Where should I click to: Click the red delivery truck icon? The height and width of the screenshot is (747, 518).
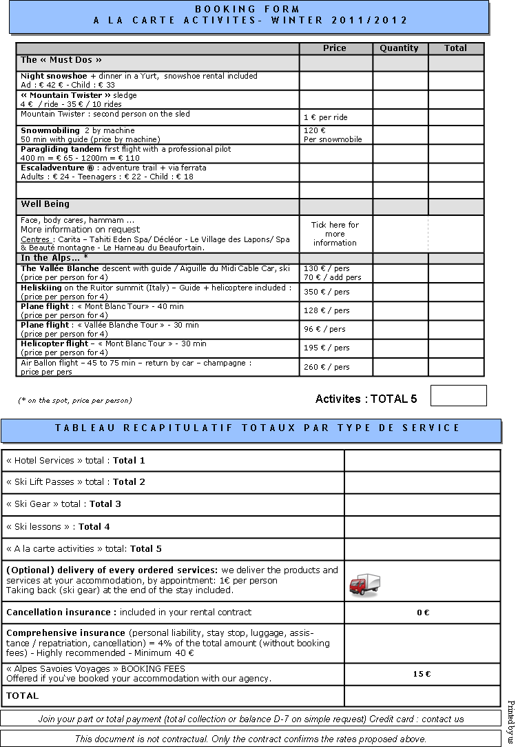(x=364, y=584)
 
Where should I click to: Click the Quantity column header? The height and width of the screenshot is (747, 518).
(x=399, y=48)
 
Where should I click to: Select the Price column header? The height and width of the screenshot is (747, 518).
(x=335, y=48)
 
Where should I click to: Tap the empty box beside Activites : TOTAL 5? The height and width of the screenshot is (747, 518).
(x=458, y=396)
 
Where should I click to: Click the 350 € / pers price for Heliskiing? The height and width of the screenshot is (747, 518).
(x=327, y=292)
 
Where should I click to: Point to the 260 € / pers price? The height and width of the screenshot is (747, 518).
(x=327, y=367)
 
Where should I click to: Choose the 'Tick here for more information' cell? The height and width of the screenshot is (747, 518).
(x=335, y=234)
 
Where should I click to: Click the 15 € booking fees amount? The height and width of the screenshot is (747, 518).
(x=422, y=674)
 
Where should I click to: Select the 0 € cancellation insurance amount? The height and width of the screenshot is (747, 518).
(x=422, y=612)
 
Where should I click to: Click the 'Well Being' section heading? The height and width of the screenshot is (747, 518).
(x=45, y=204)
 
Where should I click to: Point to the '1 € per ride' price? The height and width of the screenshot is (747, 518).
(x=325, y=117)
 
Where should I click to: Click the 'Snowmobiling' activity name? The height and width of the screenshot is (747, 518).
(x=50, y=130)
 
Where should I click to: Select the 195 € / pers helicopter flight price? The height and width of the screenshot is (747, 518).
(x=327, y=348)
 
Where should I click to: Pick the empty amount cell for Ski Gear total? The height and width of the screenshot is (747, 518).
(x=422, y=504)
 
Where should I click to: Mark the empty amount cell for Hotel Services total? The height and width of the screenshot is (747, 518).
(x=422, y=461)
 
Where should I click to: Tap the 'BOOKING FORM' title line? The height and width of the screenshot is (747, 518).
(x=248, y=9)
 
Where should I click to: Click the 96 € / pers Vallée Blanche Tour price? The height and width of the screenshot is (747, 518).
(x=324, y=329)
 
